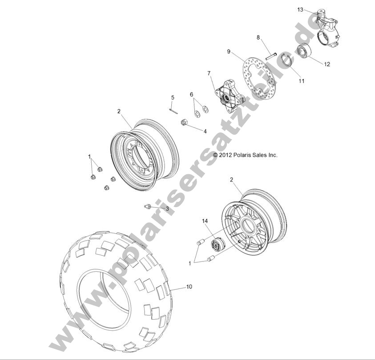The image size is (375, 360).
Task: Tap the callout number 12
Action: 327,64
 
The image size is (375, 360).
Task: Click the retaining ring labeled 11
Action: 285,61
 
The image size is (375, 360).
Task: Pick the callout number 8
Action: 258,38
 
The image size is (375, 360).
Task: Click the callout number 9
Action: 229,52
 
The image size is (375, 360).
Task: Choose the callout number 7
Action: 208,73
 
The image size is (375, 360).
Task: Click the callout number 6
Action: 192,95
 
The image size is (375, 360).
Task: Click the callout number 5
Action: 173,97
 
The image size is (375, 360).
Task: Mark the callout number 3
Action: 167,208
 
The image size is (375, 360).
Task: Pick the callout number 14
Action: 205,221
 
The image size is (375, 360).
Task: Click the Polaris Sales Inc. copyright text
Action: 245,155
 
